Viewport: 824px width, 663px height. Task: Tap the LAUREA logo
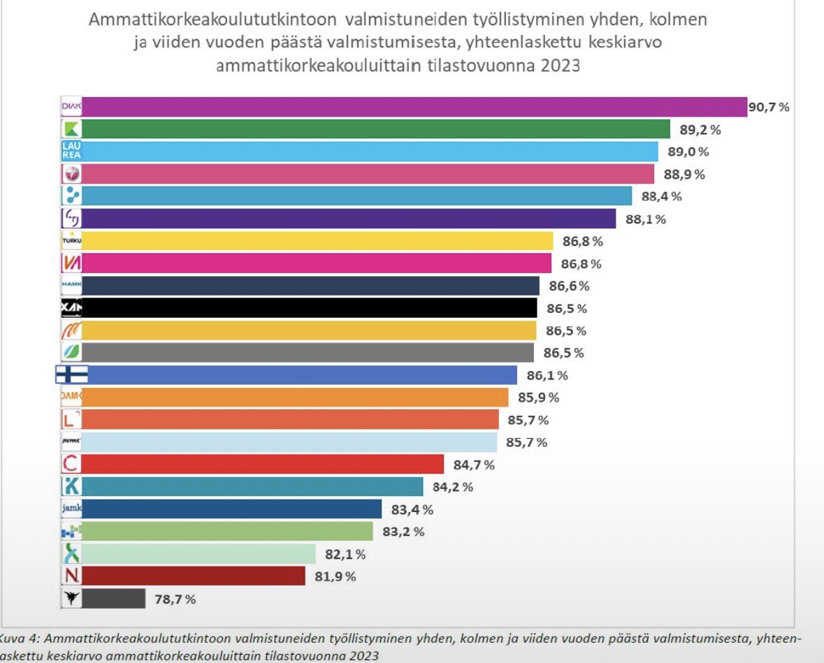pyautogui.click(x=71, y=152)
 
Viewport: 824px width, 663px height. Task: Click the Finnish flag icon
pyautogui.click(x=71, y=375)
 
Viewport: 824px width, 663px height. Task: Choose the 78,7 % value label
pyautogui.click(x=175, y=599)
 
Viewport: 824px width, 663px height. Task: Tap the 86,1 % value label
pyautogui.click(x=547, y=375)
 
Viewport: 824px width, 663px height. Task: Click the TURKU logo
pyautogui.click(x=71, y=241)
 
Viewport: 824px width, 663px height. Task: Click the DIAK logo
pyautogui.click(x=71, y=107)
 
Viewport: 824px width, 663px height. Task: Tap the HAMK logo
pyautogui.click(x=71, y=286)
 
